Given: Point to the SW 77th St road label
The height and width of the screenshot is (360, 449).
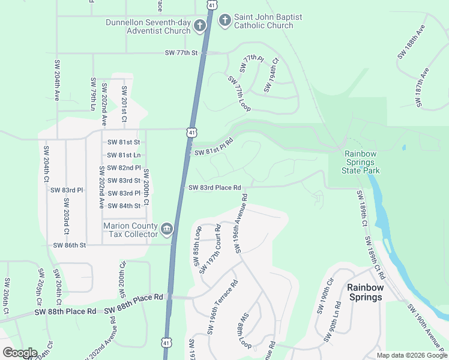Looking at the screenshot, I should tap(181, 53).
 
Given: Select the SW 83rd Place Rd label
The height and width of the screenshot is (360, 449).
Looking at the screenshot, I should tap(214, 188).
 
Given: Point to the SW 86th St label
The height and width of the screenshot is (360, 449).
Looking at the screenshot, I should tap(70, 245).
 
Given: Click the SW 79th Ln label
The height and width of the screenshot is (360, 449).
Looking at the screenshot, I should tap(93, 94).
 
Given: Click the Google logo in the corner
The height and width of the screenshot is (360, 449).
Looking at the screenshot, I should tap(19, 353).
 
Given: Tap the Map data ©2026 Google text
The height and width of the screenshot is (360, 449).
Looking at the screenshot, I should tap(411, 355).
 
